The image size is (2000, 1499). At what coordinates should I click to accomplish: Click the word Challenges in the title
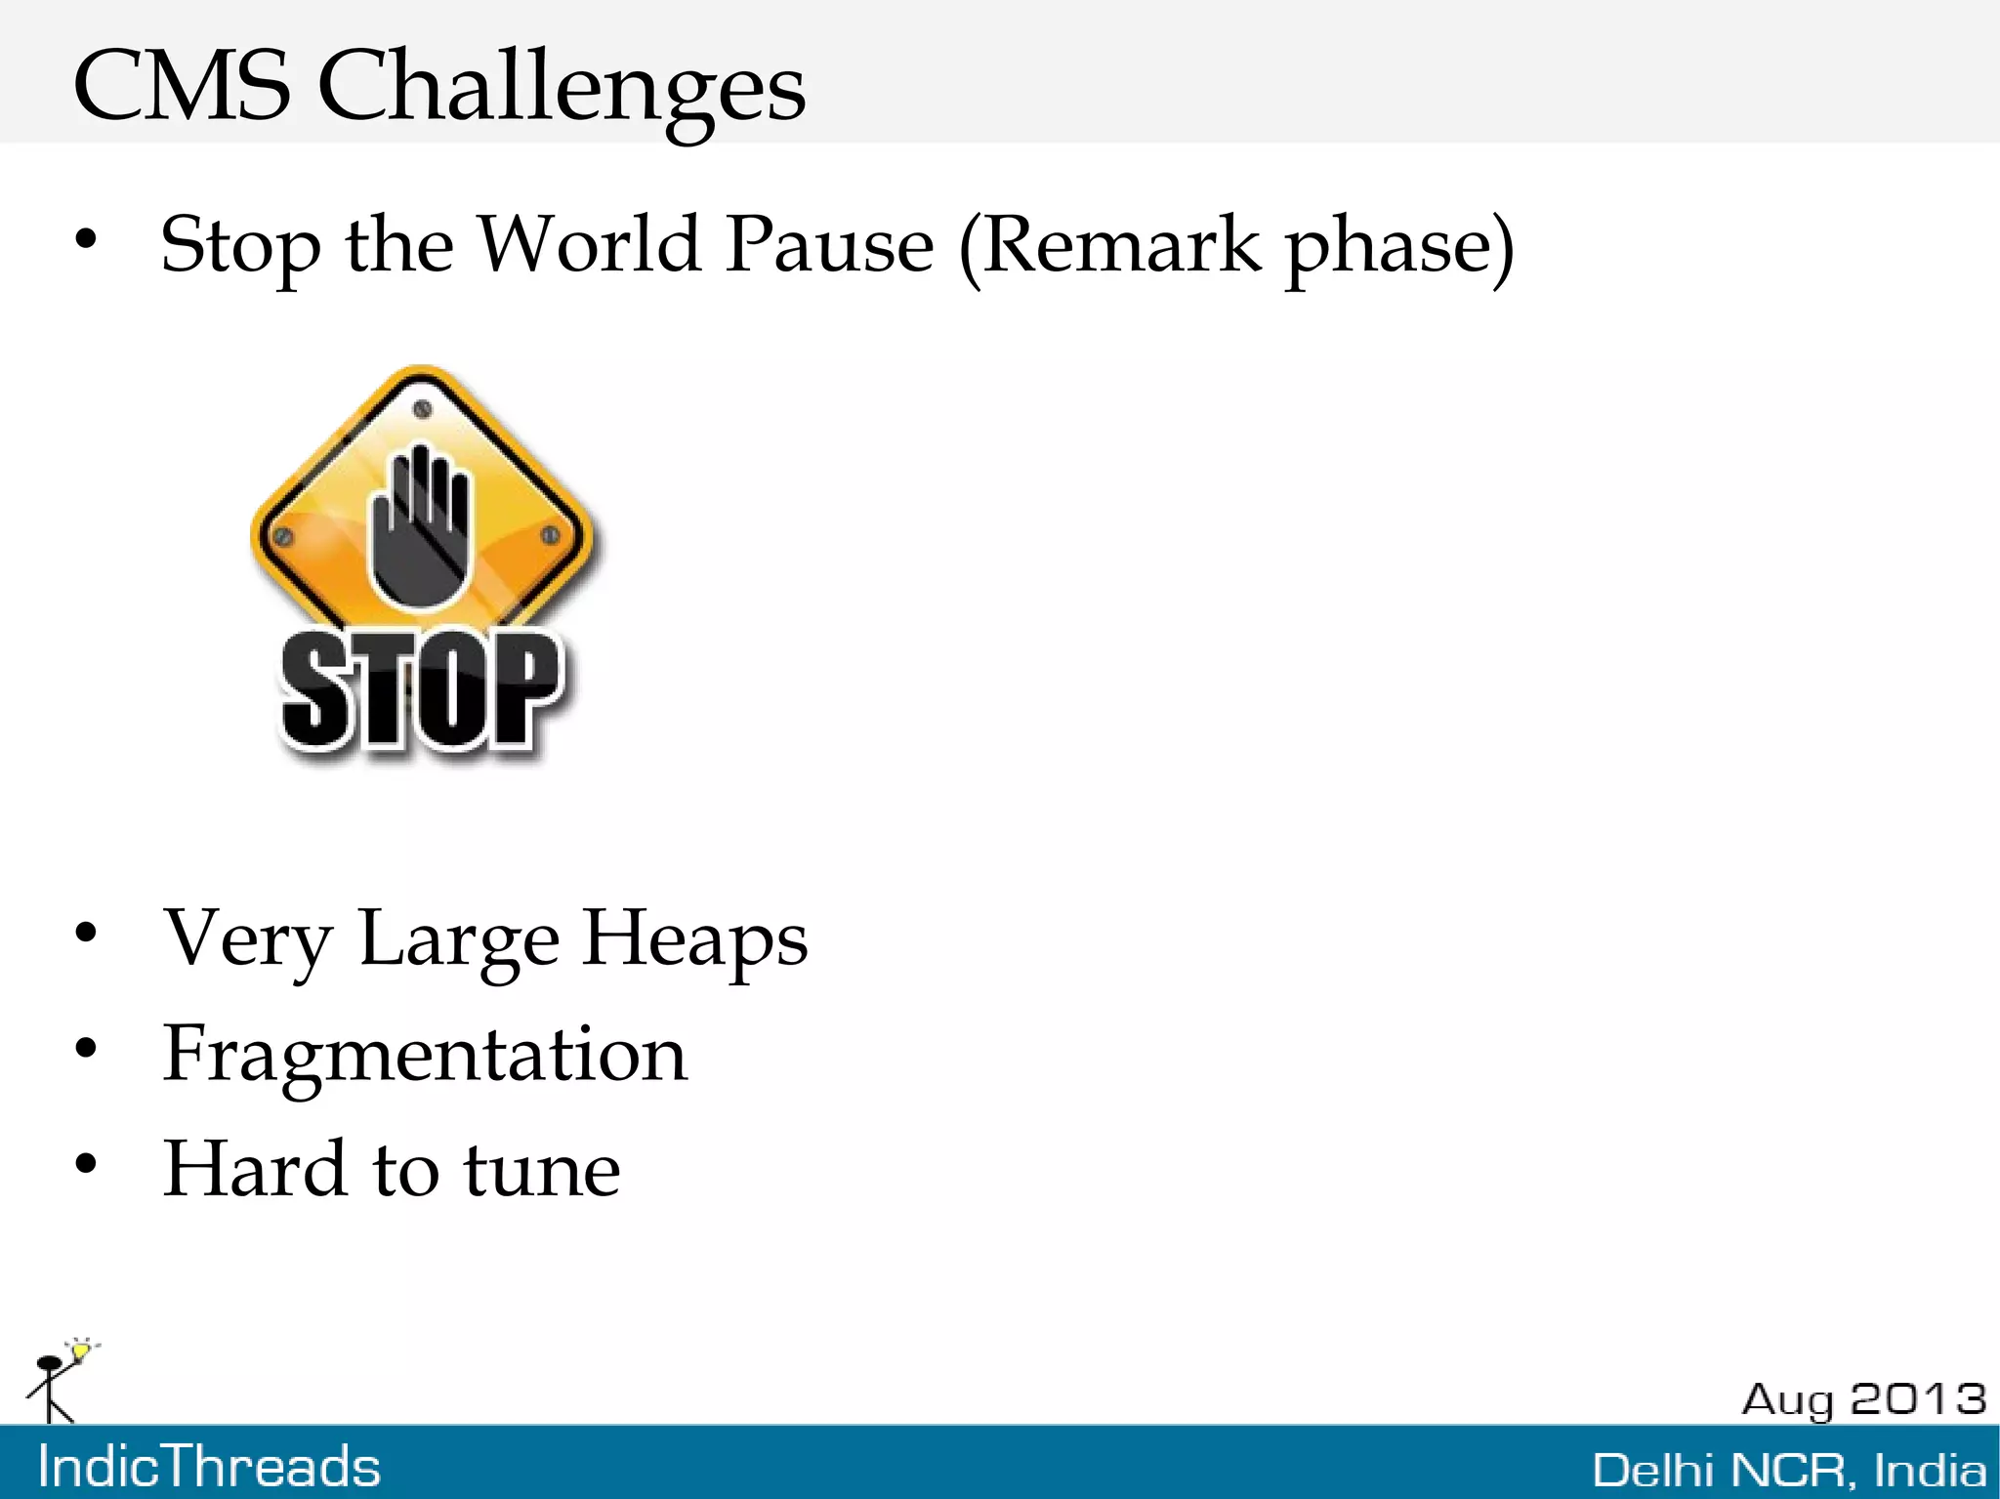(x=562, y=88)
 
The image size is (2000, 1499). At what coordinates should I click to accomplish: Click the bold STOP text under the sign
(x=421, y=691)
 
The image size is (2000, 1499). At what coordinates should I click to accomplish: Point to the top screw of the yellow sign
(x=422, y=409)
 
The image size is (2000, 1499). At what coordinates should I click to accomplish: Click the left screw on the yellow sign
(x=284, y=536)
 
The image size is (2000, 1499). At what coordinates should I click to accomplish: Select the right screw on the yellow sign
(x=550, y=534)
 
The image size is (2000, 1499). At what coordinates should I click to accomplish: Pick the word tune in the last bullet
(x=541, y=1169)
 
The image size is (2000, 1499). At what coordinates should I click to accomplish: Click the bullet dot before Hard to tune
(x=86, y=1163)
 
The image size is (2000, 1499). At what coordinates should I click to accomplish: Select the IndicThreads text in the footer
(x=209, y=1467)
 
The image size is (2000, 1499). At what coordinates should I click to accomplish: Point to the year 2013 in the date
(x=1918, y=1399)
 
